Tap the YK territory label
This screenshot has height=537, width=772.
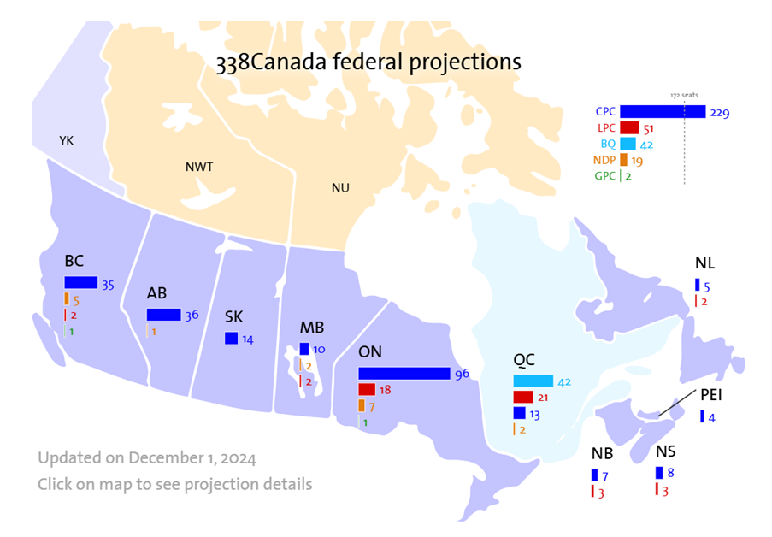(66, 139)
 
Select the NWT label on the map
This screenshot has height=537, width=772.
(198, 167)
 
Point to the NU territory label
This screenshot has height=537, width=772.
(340, 187)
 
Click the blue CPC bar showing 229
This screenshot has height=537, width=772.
(662, 112)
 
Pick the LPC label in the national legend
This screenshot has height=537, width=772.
(606, 128)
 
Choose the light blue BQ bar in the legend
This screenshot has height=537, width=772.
(628, 144)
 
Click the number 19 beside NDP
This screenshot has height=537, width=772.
(637, 160)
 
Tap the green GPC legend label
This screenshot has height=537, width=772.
(605, 176)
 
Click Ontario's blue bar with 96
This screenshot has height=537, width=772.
(404, 374)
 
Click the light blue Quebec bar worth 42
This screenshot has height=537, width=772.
(532, 381)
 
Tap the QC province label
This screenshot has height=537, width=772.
(526, 361)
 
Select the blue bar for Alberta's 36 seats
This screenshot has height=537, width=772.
(163, 315)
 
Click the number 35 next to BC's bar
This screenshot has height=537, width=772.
(109, 285)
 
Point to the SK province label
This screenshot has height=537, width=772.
(234, 316)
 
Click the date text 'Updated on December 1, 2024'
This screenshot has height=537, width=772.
(146, 457)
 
